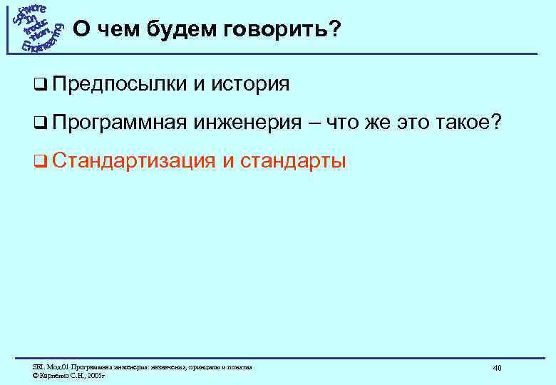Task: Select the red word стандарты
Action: [x=294, y=161]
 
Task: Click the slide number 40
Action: [x=497, y=367]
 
